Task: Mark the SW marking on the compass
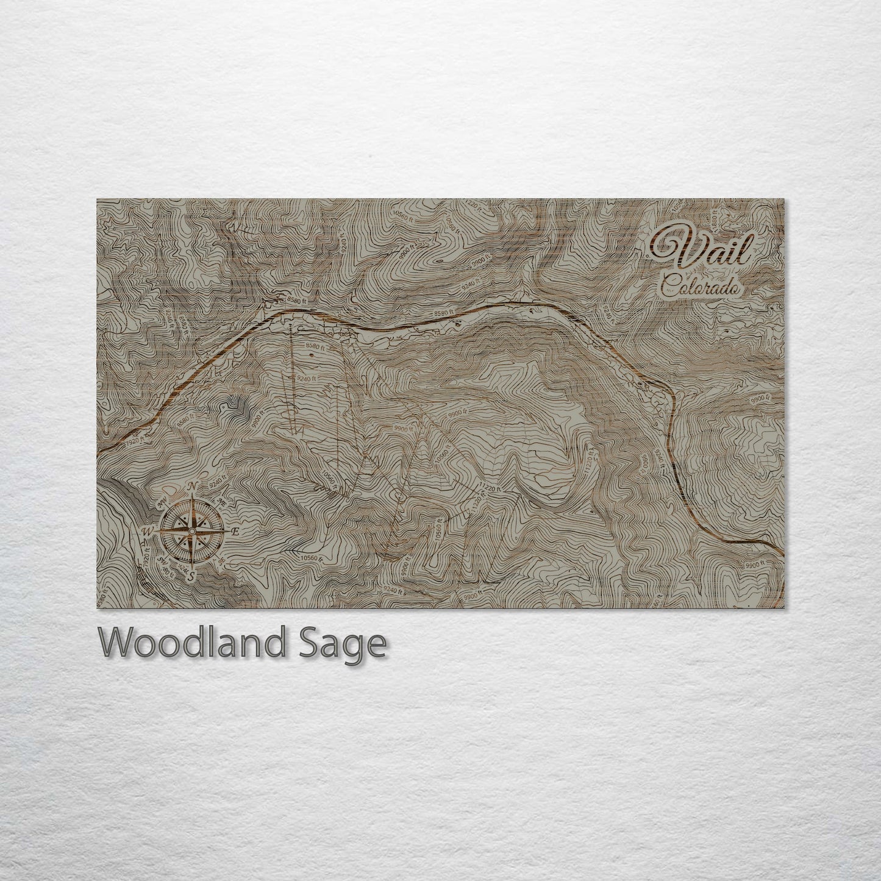(163, 560)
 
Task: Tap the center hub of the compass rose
(192, 531)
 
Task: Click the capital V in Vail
(671, 247)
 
